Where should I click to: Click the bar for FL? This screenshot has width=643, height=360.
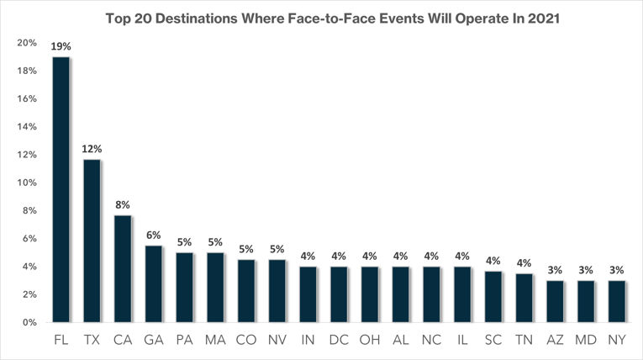[x=61, y=190]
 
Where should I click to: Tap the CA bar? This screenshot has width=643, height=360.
[x=123, y=269]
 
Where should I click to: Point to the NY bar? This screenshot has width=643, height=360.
[x=616, y=301]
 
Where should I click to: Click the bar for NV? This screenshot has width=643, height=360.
[x=277, y=291]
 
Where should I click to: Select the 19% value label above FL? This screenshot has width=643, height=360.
[x=61, y=47]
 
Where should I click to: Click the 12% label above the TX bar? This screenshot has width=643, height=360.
[x=92, y=150]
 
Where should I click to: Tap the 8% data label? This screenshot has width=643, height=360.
[x=123, y=205]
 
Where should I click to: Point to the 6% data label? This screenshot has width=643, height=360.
[x=153, y=236]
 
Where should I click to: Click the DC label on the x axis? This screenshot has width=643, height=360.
[x=339, y=341]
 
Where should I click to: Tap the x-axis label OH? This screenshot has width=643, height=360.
[x=369, y=341]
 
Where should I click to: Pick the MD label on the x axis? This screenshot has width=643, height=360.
[x=585, y=341]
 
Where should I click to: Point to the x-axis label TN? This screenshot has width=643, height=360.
[x=524, y=341]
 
